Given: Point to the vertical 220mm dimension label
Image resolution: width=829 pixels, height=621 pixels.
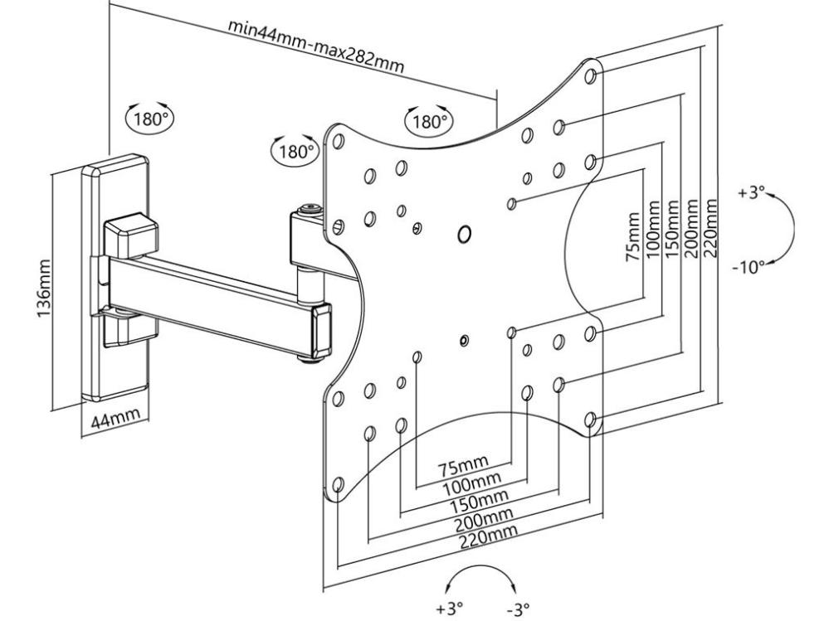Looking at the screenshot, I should coord(710,221).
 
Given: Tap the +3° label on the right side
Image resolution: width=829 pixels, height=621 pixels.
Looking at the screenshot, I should coord(750,193).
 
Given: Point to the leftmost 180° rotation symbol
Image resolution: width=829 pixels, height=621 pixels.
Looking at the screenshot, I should coord(149,116).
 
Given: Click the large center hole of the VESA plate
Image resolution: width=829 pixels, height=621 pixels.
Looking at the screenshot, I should coord(464,235).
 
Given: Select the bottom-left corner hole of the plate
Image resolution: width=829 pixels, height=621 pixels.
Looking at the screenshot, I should coord(338,485).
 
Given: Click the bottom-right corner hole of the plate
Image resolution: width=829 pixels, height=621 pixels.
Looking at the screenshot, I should coord(590,420).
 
